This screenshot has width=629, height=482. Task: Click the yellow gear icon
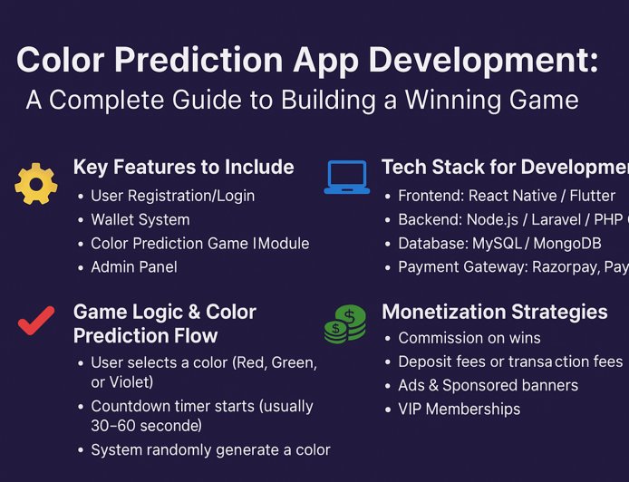(x=36, y=183)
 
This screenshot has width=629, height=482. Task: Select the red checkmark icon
(x=35, y=322)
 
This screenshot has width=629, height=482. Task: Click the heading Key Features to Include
(x=183, y=167)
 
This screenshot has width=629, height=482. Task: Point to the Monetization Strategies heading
(x=494, y=312)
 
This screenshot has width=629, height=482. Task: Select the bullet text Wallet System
(x=140, y=219)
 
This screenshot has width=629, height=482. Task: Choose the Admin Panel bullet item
(x=133, y=266)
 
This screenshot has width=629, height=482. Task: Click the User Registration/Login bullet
(x=172, y=196)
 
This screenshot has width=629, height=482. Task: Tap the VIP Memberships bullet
(x=459, y=409)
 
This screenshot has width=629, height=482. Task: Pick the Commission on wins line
(x=469, y=338)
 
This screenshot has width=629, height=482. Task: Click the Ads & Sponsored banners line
(x=488, y=385)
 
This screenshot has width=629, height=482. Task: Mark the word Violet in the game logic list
(x=133, y=382)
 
